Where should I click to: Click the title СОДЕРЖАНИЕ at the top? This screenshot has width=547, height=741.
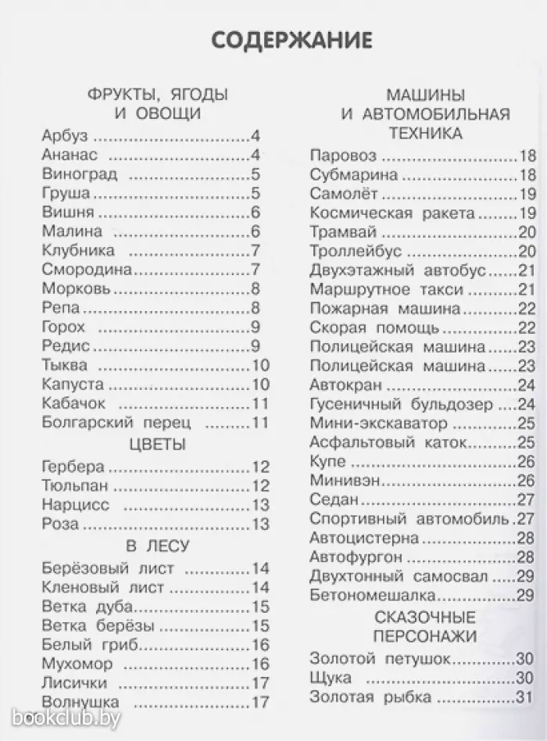(x=291, y=40)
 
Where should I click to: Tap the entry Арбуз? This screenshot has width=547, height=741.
(x=65, y=136)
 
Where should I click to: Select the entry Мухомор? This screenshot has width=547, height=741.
(x=77, y=664)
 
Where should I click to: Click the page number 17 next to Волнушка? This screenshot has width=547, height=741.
(x=260, y=703)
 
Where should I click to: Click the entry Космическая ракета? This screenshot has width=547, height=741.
(x=391, y=213)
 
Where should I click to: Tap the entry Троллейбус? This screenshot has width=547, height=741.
(x=356, y=251)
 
